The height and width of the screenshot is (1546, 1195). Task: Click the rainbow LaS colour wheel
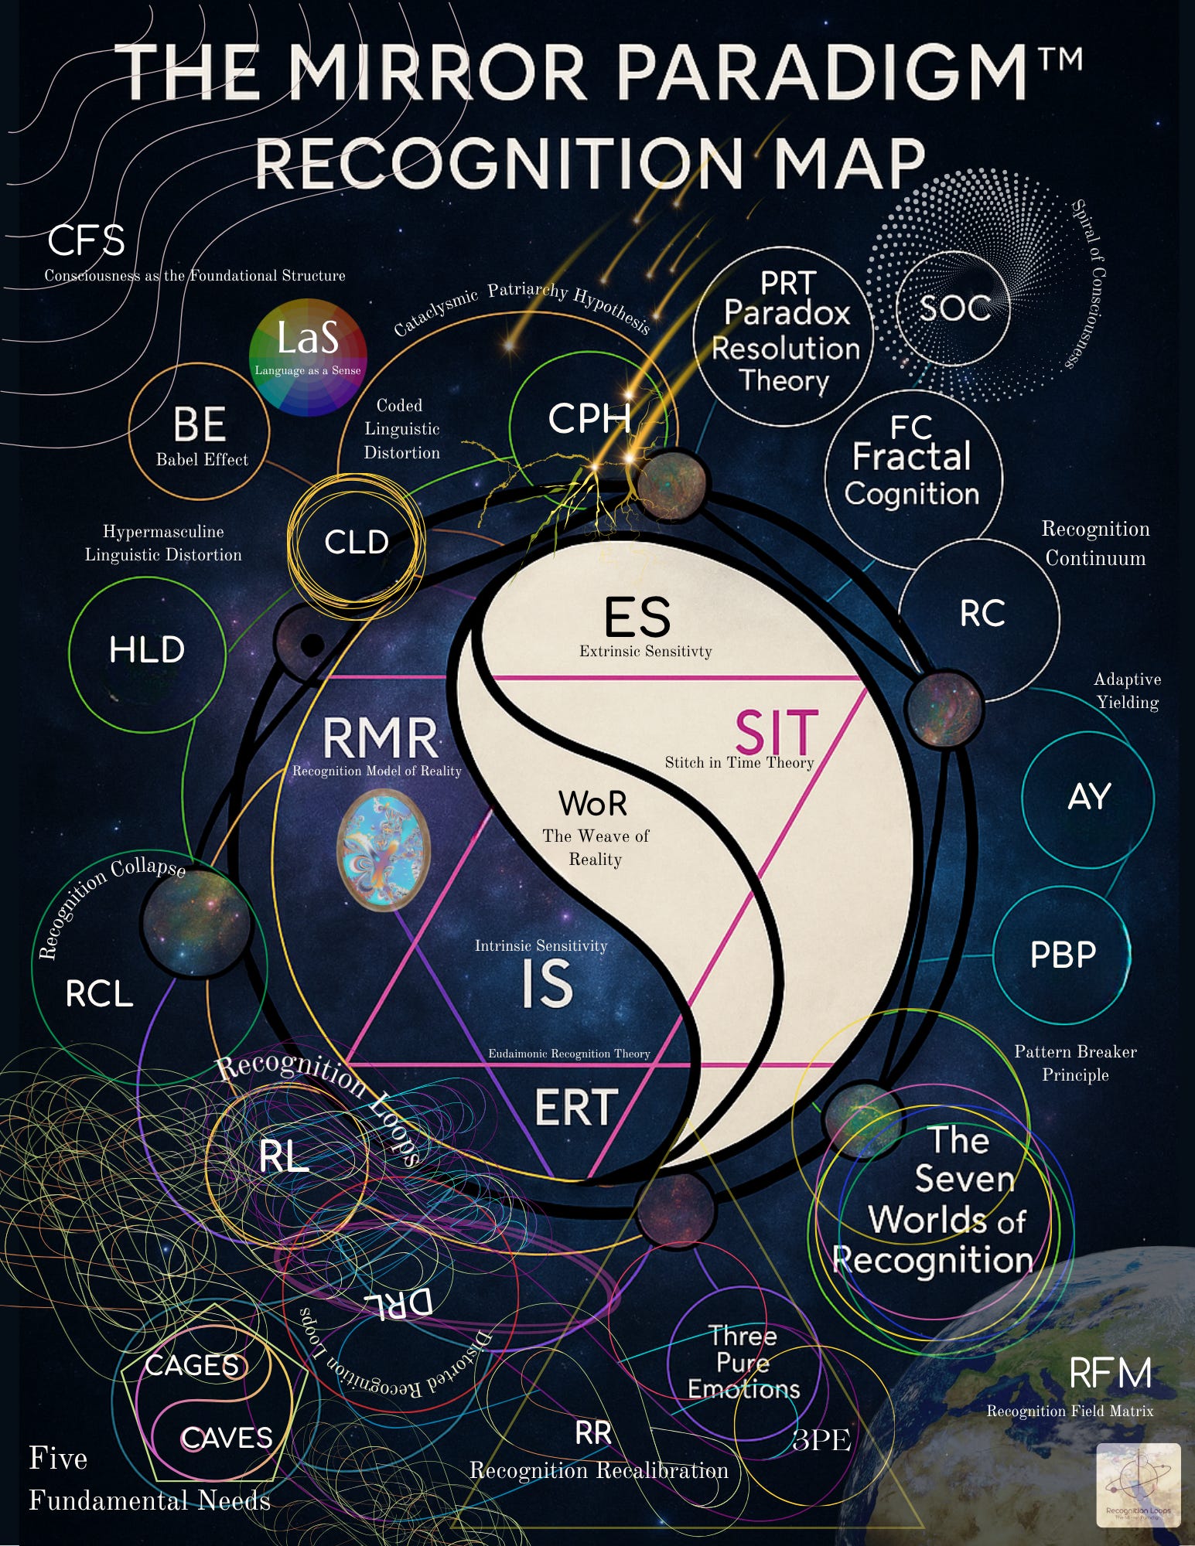point(308,357)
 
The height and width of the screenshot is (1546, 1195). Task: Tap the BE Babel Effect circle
point(200,431)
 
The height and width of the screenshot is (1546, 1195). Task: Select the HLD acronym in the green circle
point(147,649)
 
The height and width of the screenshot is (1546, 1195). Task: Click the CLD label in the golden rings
point(357,542)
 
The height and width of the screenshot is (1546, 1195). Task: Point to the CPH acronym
point(589,419)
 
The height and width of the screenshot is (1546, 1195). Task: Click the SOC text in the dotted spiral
point(955,308)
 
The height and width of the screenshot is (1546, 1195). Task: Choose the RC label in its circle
point(982,614)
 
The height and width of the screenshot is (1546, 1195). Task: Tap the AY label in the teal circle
point(1089,797)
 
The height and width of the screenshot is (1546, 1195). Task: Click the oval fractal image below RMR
point(384,850)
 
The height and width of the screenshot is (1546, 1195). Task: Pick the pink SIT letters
point(776,732)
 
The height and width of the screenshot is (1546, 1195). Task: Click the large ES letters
point(637,618)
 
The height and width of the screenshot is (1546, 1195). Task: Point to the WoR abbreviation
point(592,804)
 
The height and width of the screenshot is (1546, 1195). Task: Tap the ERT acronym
point(576,1107)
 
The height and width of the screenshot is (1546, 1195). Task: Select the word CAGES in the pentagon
point(193,1365)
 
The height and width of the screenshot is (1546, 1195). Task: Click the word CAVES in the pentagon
point(227,1438)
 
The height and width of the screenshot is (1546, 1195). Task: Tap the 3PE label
point(821,1439)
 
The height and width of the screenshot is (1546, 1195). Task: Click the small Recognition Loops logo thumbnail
point(1139,1485)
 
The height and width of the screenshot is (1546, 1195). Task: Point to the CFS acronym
point(86,240)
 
